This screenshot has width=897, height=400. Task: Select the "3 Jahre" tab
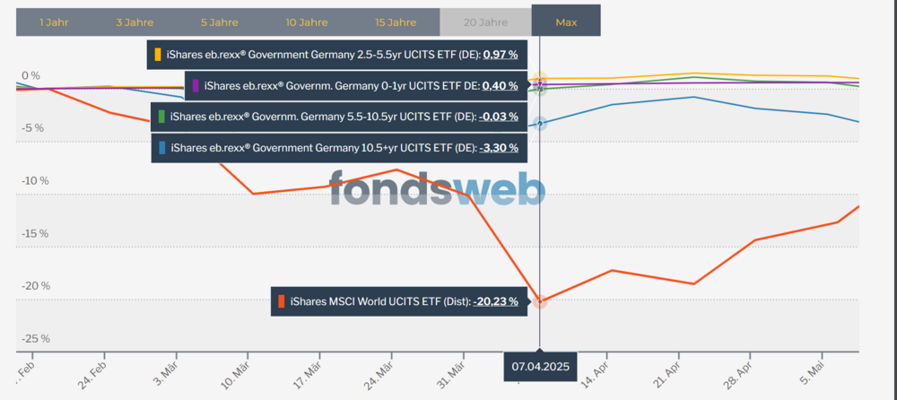tap(135, 23)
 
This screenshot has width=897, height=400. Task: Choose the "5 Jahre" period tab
tap(219, 23)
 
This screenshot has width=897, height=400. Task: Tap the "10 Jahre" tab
tap(307, 23)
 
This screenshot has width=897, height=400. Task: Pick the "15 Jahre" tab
tap(396, 23)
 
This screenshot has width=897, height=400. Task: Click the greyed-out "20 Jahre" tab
tap(485, 23)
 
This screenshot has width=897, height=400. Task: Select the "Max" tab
tap(566, 23)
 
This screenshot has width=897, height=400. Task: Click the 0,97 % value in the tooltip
tap(501, 55)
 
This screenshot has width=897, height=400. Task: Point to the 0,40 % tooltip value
tap(500, 86)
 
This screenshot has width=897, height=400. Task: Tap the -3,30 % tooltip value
tap(499, 148)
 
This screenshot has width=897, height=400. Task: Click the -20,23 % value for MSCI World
tap(495, 301)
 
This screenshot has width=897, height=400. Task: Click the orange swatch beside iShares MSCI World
tap(281, 301)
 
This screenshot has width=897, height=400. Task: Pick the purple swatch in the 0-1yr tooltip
tap(195, 86)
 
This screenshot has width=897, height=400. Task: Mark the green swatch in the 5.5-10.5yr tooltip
tap(161, 117)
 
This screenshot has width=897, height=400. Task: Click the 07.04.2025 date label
tap(541, 366)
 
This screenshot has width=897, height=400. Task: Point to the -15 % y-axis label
tap(36, 233)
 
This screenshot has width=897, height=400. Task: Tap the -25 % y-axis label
tap(36, 339)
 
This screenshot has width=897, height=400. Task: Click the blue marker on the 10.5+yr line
tap(539, 124)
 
